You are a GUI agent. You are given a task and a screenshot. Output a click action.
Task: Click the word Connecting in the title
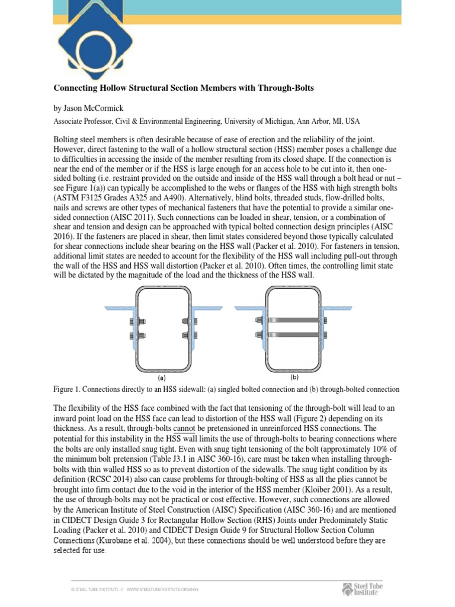point(76,88)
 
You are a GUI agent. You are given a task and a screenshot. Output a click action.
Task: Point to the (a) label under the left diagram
point(161,376)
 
